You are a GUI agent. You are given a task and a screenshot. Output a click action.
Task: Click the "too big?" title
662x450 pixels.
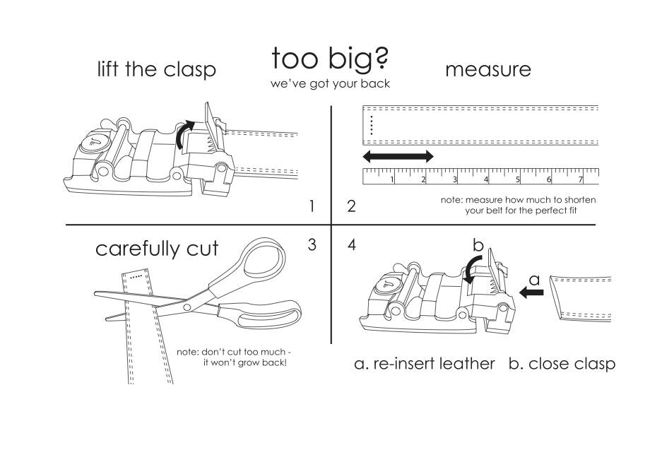pos(331,59)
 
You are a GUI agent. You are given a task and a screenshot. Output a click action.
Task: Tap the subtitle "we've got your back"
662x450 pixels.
pos(331,83)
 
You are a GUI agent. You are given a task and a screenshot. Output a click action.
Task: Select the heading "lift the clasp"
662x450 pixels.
pos(156,69)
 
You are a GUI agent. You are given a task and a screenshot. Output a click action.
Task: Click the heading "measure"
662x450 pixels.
pos(487,69)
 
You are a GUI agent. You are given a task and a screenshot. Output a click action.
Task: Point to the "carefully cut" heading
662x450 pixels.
pos(158,249)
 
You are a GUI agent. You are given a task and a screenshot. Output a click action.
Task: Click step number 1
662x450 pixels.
pos(312,207)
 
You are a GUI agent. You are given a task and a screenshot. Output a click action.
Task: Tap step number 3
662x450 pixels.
pos(312,245)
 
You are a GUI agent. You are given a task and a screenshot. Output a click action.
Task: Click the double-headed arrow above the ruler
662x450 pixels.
pos(397,155)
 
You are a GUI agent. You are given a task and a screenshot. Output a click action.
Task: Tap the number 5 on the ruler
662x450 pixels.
pos(518,179)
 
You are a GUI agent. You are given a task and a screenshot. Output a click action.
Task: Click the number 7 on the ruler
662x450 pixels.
pos(580,179)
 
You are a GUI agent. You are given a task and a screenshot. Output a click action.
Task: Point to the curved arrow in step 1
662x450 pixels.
pos(184,134)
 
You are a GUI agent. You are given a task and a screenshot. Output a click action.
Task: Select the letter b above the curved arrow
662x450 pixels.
pos(478,247)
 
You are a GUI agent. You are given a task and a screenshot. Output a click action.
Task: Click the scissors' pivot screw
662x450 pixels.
pos(187,307)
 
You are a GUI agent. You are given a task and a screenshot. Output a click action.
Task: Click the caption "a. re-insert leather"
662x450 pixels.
pos(425,364)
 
